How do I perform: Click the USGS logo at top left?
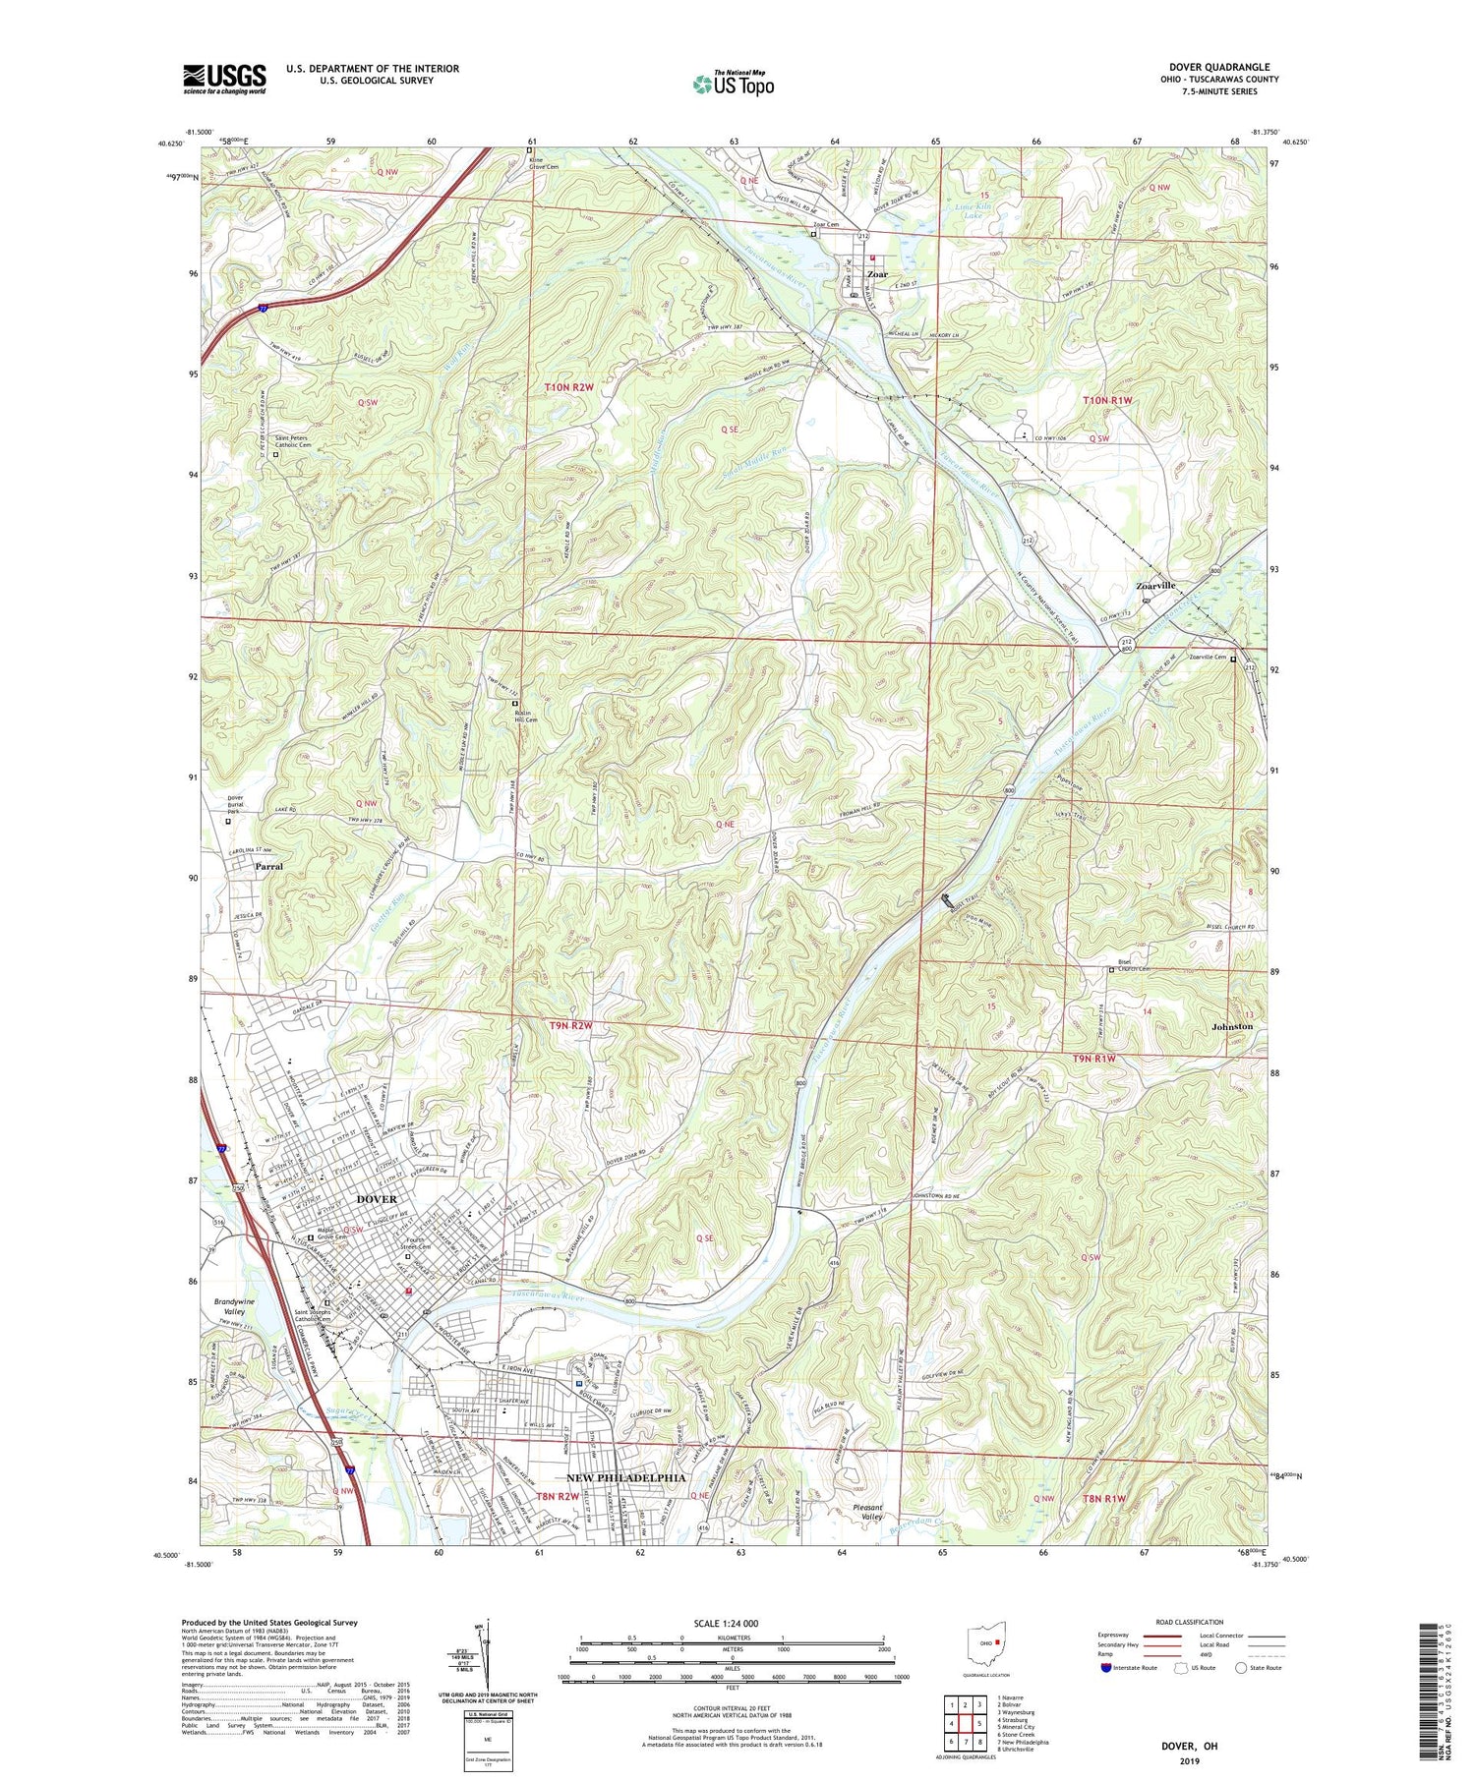pos(224,79)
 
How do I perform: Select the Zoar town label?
pos(878,274)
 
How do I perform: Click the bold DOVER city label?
pos(377,1199)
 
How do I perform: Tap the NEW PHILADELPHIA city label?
pos(626,1477)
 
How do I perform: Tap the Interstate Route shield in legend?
pos(1106,1667)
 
